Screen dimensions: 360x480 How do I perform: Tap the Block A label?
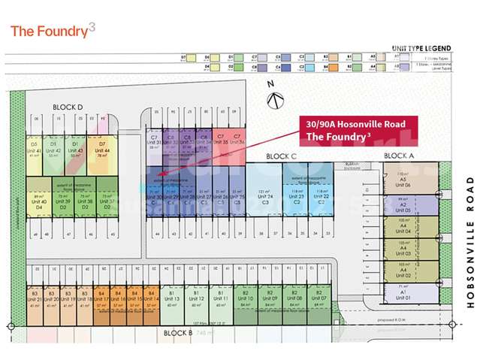(398, 156)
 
